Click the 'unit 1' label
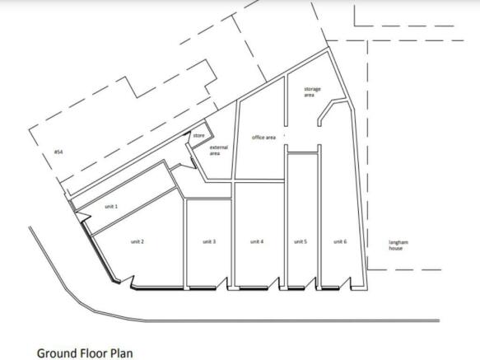point(111,207)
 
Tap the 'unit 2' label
point(137,241)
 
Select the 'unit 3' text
point(209,241)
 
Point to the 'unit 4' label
point(257,241)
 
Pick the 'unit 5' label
point(301,241)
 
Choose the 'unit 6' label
point(340,241)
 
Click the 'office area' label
point(263,138)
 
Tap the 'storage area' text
point(312,92)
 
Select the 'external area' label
point(218,150)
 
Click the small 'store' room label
point(198,135)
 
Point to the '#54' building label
point(58,152)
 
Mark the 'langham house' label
point(398,245)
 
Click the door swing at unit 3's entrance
point(222,283)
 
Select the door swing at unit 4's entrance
point(274,283)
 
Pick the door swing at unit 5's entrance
point(310,283)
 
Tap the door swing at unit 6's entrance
point(346,283)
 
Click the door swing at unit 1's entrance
point(82,217)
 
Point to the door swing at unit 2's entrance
point(128,282)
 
